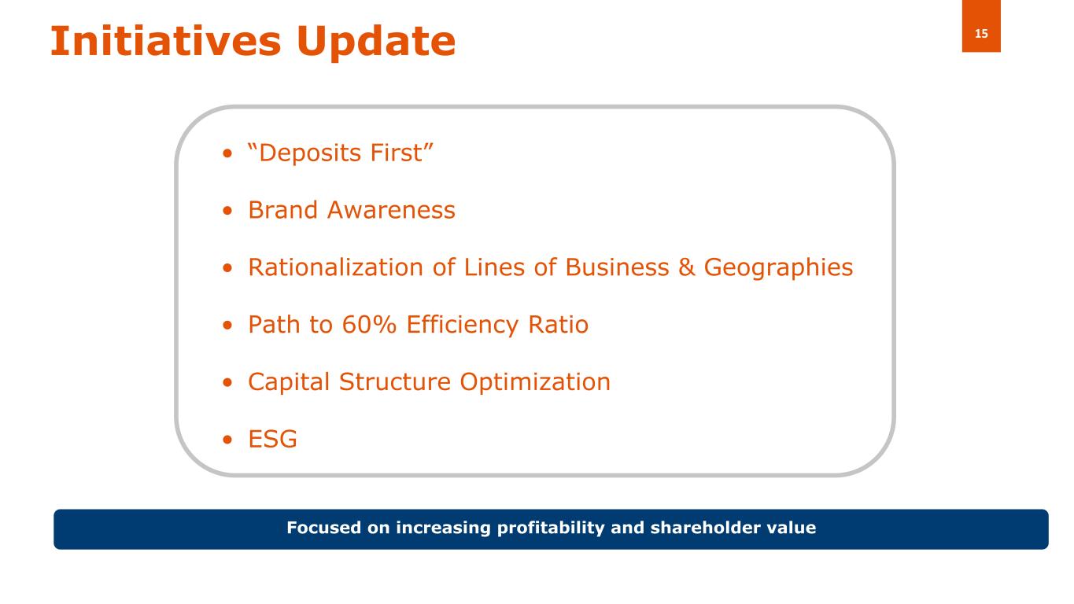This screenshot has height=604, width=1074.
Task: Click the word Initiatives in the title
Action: point(165,41)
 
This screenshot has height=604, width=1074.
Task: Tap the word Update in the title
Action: point(376,43)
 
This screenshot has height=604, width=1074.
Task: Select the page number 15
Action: point(981,34)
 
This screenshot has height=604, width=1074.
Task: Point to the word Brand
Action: point(283,210)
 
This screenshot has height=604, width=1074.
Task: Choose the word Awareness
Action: point(391,211)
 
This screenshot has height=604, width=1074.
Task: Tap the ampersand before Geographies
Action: point(686,267)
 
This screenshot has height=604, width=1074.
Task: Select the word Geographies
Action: point(778,268)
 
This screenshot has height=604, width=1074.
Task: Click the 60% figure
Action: point(369,325)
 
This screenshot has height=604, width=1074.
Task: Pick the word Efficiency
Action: point(462,326)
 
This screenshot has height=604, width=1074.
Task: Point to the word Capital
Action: point(289,382)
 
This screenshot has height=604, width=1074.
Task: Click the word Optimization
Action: point(534,382)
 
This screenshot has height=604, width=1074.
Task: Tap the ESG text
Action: point(272,439)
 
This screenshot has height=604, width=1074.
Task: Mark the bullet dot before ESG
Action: point(227,440)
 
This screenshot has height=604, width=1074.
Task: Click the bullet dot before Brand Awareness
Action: point(227,211)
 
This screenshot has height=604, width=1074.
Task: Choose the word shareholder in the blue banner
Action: point(705,528)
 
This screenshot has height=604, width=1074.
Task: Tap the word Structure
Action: point(395,382)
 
